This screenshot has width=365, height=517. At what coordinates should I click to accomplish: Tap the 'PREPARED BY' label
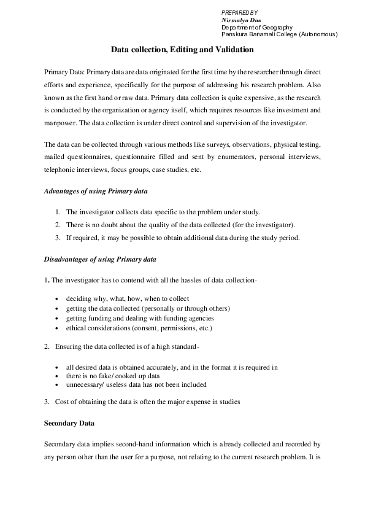[x=239, y=12]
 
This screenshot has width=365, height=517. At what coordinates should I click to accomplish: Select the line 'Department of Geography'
[x=257, y=28]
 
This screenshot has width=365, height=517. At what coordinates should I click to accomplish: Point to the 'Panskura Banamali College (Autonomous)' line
[x=279, y=35]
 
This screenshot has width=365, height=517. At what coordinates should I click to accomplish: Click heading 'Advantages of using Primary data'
[x=96, y=192]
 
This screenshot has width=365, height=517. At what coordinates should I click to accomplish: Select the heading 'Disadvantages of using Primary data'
[x=100, y=259]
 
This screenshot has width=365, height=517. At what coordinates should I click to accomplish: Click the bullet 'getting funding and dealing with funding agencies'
[x=140, y=318]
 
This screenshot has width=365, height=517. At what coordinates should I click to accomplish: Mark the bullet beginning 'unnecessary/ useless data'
[x=136, y=384]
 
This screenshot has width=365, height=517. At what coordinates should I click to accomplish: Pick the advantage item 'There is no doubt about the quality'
[x=180, y=225]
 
